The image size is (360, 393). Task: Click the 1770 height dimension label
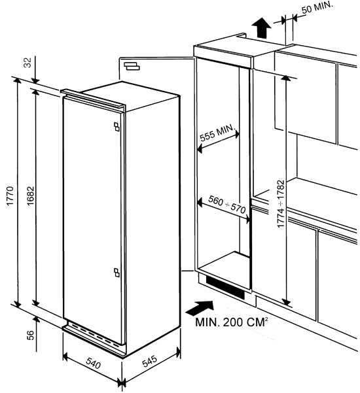pyautogui.click(x=10, y=196)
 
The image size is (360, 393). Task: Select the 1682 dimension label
pyautogui.click(x=31, y=196)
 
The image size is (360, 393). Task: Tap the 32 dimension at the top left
pyautogui.click(x=28, y=63)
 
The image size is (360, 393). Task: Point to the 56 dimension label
pyautogui.click(x=30, y=335)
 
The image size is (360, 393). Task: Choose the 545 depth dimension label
pyautogui.click(x=150, y=361)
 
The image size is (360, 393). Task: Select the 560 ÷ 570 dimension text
pyautogui.click(x=226, y=205)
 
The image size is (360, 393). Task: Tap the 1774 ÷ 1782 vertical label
pyautogui.click(x=281, y=204)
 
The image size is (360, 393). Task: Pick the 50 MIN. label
pyautogui.click(x=317, y=7)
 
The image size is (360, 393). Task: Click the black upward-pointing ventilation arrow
pyautogui.click(x=261, y=27)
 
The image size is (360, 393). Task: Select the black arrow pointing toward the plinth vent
pyautogui.click(x=200, y=308)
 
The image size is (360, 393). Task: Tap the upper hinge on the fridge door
pyautogui.click(x=117, y=127)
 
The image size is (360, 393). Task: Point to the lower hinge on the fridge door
pyautogui.click(x=117, y=273)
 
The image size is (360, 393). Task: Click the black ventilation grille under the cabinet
pyautogui.click(x=225, y=288)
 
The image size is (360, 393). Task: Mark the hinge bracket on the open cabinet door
pyautogui.click(x=132, y=66)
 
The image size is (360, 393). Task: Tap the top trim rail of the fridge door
pyautogui.click(x=92, y=99)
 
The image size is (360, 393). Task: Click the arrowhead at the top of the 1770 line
pyautogui.click(x=17, y=80)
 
